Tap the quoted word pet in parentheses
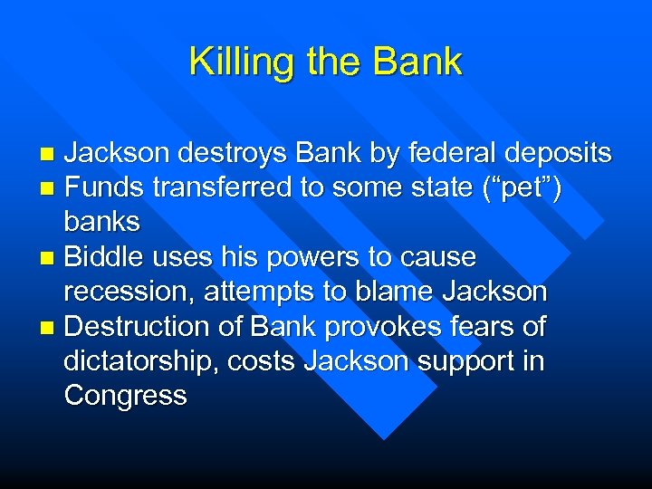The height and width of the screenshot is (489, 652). pyautogui.click(x=524, y=188)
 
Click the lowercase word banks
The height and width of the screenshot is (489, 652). pyautogui.click(x=101, y=222)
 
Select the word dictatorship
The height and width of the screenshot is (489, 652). pyautogui.click(x=140, y=360)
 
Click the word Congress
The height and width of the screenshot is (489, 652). pyautogui.click(x=125, y=396)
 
